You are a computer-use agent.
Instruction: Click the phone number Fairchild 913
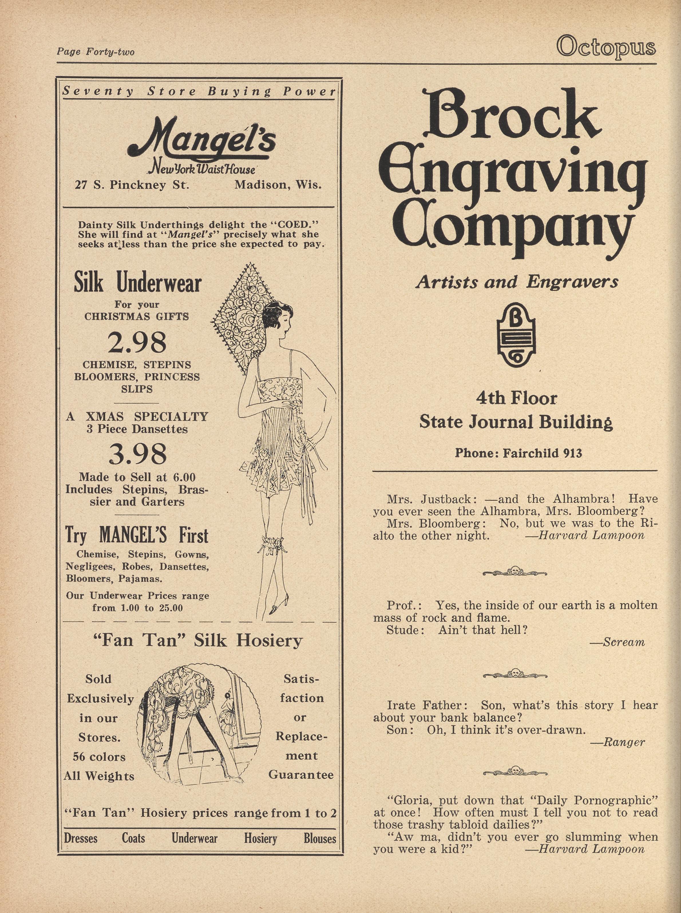518,453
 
